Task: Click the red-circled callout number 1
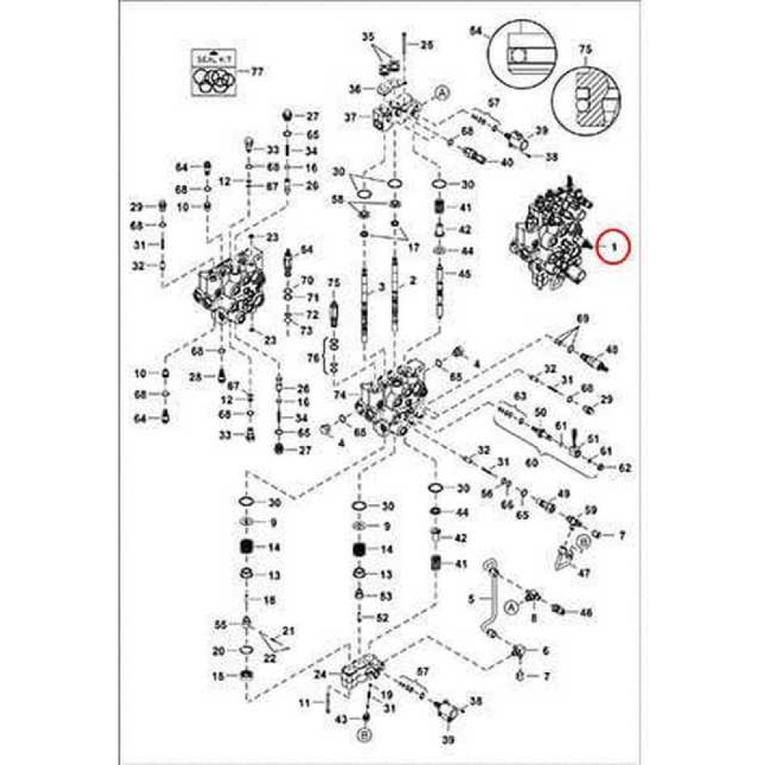[x=613, y=246]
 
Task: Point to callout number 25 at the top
[x=426, y=46]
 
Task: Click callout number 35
[x=368, y=37]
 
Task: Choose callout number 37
[x=351, y=117]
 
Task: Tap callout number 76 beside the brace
[x=313, y=358]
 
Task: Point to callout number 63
[x=520, y=396]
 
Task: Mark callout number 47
[x=584, y=572]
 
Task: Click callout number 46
[x=586, y=612]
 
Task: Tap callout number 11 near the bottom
[x=303, y=702]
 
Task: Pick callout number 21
[x=288, y=630]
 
